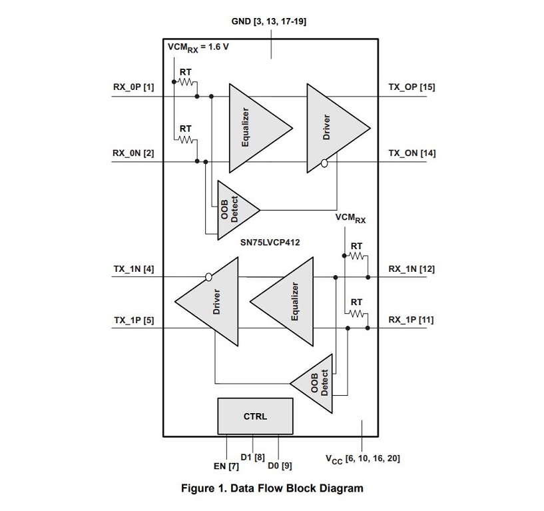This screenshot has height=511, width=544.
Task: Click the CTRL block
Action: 255,416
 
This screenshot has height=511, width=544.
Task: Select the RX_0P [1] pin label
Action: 133,87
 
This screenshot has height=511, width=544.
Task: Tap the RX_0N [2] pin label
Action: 133,153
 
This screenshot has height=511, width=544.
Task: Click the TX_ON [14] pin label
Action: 411,153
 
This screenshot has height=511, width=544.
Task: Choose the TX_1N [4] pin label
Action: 133,269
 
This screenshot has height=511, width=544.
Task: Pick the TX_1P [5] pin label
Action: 133,320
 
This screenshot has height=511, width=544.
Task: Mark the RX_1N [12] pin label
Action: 411,269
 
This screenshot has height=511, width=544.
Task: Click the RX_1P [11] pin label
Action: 411,320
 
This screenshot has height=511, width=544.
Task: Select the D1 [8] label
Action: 256,457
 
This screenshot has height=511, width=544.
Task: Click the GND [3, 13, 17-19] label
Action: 269,21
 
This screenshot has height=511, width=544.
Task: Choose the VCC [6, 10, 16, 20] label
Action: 363,458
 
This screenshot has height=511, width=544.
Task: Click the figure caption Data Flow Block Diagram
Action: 272,488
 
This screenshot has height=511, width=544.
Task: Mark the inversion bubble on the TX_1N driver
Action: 208,276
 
